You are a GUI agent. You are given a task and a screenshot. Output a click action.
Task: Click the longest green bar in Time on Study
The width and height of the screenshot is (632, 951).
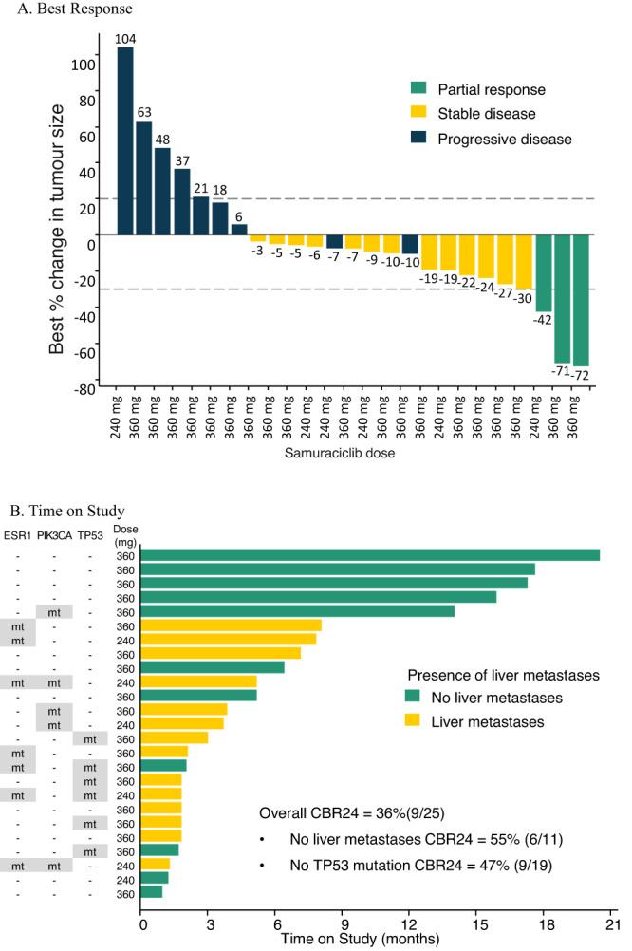tap(370, 555)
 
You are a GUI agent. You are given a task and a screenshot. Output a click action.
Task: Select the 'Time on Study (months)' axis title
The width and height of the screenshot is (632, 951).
tap(359, 938)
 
